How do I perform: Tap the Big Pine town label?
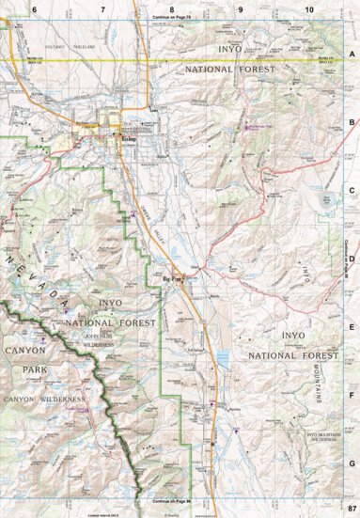click(x=174, y=277)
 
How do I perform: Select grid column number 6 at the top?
click(x=34, y=8)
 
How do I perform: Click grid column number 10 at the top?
click(x=309, y=8)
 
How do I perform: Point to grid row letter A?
click(x=352, y=54)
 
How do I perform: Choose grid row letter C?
click(x=352, y=190)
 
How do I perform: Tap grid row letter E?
click(x=352, y=326)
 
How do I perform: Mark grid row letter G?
click(x=352, y=463)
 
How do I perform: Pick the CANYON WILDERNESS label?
click(x=44, y=400)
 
